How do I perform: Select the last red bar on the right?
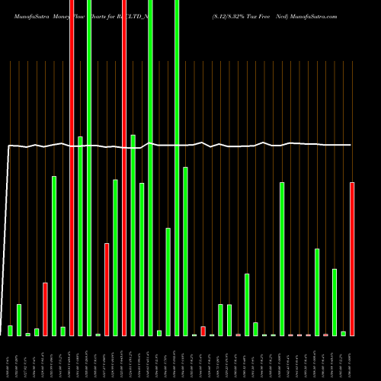pos(352,259)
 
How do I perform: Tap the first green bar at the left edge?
pos(10,331)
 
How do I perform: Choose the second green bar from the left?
pos(19,320)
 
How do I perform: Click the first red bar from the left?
pos(45,309)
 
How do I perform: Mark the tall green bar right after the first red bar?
pos(54,255)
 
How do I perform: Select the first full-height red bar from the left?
pos(72,168)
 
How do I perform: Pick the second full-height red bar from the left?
pos(124,168)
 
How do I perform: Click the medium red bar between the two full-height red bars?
pos(107,290)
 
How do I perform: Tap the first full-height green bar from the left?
pos(89,168)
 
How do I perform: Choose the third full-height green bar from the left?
pos(177,168)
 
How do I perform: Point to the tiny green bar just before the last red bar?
pos(343,333)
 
